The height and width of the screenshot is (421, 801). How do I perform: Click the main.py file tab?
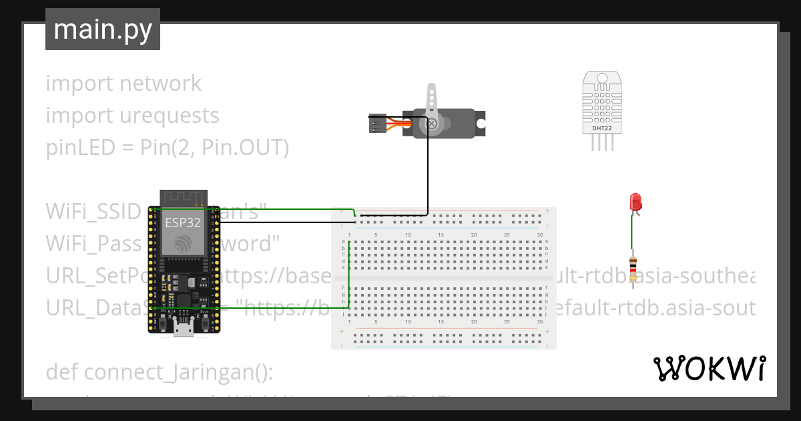tap(102, 29)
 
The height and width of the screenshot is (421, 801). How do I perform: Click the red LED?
tap(635, 202)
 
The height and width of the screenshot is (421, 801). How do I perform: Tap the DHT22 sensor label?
tap(601, 127)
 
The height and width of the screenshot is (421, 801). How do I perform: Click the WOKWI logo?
tap(709, 368)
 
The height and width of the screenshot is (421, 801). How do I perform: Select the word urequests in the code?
tap(169, 116)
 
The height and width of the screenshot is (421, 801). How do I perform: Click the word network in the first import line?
tap(160, 84)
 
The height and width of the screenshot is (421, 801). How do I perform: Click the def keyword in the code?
tap(62, 372)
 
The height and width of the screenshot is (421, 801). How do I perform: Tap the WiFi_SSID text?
tap(93, 211)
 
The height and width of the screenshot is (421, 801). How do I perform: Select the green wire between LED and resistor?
tap(632, 234)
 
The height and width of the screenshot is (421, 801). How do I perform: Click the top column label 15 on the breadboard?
tap(441, 235)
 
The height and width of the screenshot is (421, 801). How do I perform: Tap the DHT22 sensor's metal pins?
tap(602, 142)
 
